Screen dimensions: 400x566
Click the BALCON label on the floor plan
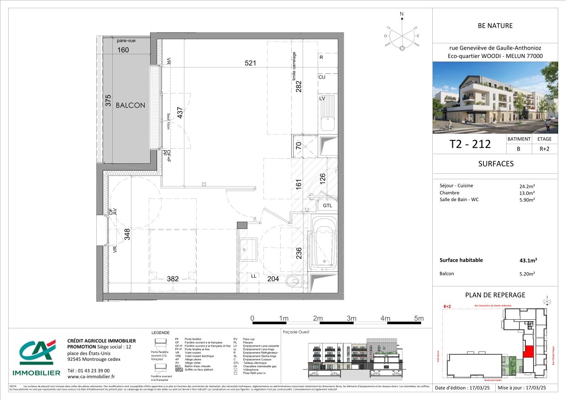click(130, 105)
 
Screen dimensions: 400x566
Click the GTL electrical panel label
click(327, 206)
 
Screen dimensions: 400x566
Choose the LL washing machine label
click(254, 276)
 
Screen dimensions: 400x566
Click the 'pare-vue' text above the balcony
click(126, 41)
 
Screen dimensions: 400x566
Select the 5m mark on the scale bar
click(419, 318)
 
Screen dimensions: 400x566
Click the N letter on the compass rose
click(402, 15)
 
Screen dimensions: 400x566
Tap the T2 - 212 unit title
click(470, 144)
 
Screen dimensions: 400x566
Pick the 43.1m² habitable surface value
click(529, 260)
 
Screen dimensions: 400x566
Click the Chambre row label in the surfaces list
click(450, 193)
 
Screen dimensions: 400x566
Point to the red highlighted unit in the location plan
click(528, 352)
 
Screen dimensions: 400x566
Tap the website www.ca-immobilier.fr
click(91, 376)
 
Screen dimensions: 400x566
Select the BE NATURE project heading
click(495, 26)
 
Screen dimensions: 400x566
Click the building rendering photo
click(495, 98)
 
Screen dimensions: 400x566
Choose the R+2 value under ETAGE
click(545, 149)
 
